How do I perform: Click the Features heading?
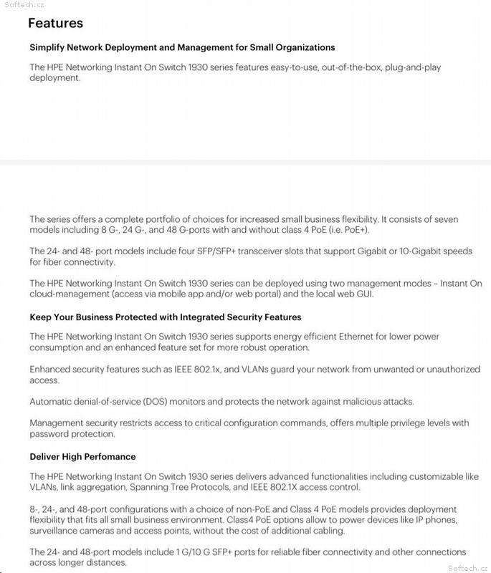55,23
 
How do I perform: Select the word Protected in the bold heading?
135,317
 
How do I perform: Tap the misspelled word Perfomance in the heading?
109,456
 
